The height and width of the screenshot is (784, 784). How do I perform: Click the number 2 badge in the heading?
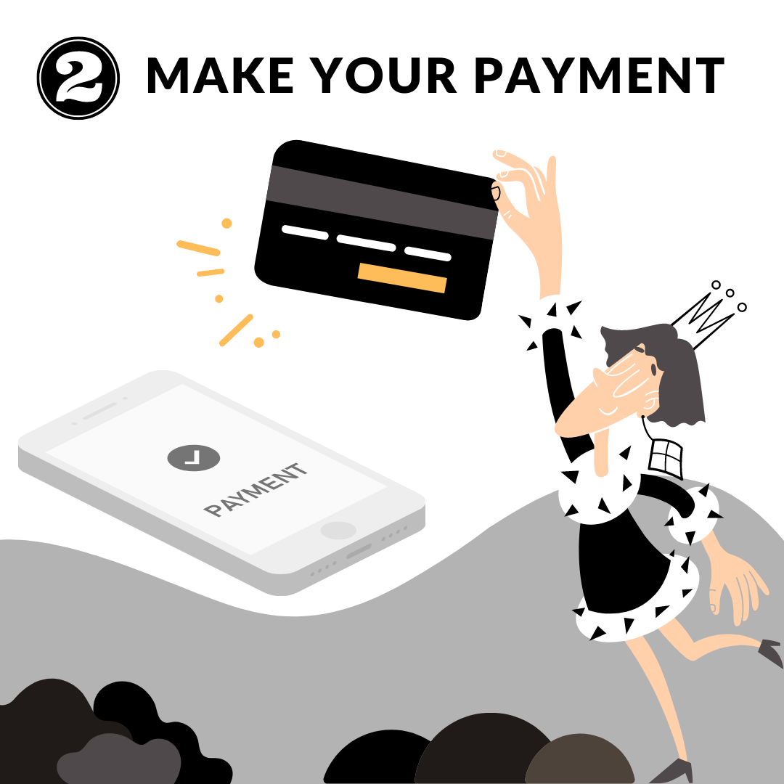pos(78,78)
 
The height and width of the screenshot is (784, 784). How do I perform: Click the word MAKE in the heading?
pos(220,75)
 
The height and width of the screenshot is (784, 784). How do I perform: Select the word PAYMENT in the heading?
pos(599,75)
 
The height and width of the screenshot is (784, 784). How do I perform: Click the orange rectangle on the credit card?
pos(402,277)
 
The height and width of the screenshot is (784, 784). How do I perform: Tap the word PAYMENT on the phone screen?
pos(256,489)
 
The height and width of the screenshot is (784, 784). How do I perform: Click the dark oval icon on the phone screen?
pos(194,457)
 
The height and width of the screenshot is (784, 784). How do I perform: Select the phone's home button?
pos(338,531)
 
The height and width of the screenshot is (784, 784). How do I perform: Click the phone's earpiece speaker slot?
pos(99,411)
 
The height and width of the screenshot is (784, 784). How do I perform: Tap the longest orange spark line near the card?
pos(198,248)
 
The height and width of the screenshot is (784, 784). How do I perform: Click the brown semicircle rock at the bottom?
pos(579,759)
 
